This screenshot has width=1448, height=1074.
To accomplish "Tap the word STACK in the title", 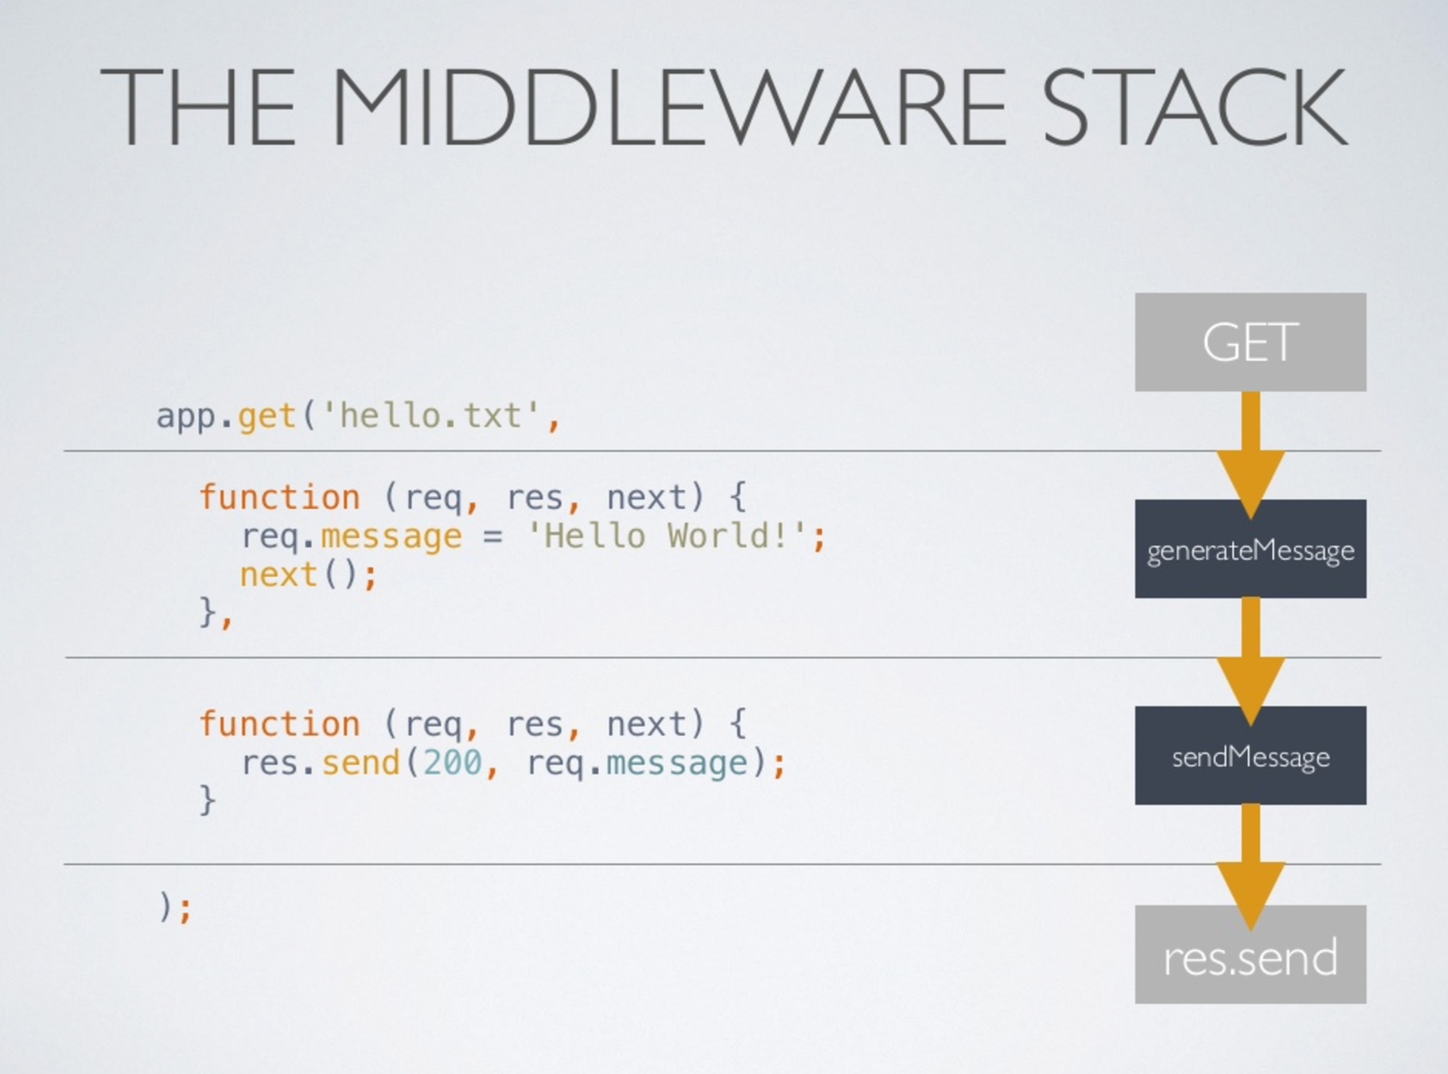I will click(x=1193, y=107).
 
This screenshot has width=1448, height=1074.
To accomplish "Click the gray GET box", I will click(x=1250, y=342).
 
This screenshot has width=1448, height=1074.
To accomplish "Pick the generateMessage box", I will click(x=1250, y=549).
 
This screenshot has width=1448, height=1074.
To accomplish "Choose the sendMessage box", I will click(x=1250, y=756).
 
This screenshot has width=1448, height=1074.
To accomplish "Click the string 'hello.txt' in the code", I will click(x=430, y=415).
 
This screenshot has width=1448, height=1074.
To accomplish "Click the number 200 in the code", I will click(x=453, y=762).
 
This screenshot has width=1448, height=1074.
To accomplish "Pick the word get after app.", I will click(x=267, y=416).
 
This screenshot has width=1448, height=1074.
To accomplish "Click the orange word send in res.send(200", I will click(x=360, y=762).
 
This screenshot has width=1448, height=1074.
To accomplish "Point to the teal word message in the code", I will click(x=676, y=762).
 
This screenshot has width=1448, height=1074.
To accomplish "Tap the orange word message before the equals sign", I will click(x=391, y=536).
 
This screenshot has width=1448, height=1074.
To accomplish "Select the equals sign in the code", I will click(x=492, y=536).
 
